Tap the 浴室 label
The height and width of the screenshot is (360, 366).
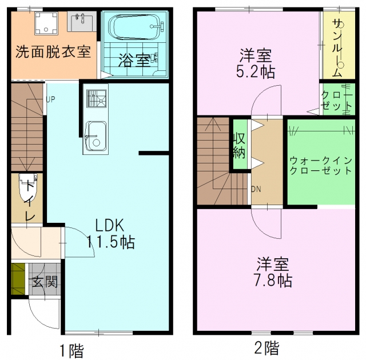pyautogui.click(x=134, y=59)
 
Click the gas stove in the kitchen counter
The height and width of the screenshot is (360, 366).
pyautogui.click(x=97, y=99)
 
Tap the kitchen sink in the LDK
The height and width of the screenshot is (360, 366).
pyautogui.click(x=96, y=136)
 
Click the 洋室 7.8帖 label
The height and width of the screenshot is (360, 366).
pyautogui.click(x=273, y=273)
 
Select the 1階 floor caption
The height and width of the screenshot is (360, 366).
pyautogui.click(x=71, y=349)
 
